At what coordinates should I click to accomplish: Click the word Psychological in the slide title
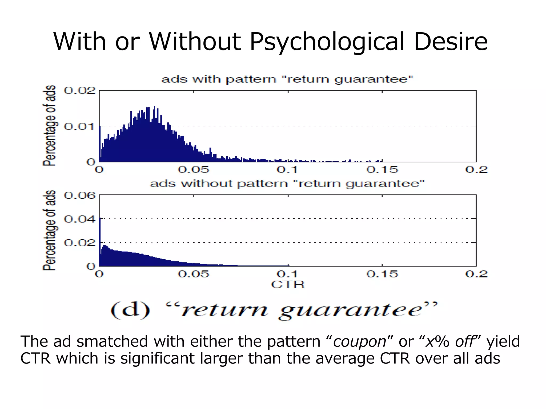tap(327, 42)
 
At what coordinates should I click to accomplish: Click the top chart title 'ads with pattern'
tap(287, 79)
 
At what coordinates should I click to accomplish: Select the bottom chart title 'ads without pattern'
tap(287, 184)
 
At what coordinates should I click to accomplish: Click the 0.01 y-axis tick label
tap(79, 126)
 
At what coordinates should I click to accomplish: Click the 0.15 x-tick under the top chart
tap(382, 170)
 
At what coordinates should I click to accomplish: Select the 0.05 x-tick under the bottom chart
tap(193, 274)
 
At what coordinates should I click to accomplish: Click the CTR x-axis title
tap(288, 285)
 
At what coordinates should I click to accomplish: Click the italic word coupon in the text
tap(360, 342)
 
